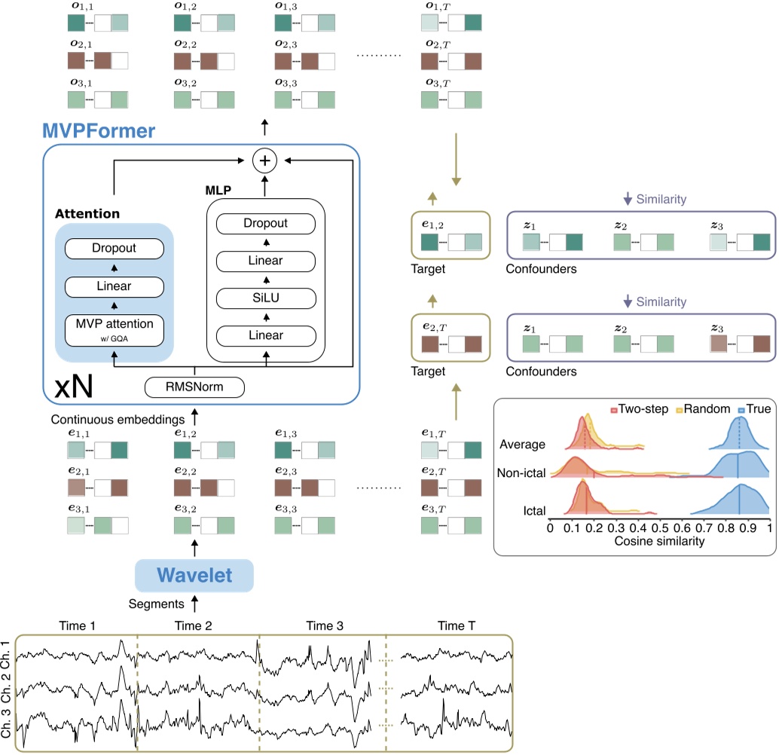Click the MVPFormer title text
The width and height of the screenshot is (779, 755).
tap(99, 130)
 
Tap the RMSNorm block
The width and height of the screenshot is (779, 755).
tap(194, 387)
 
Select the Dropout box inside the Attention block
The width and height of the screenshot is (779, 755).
tap(115, 248)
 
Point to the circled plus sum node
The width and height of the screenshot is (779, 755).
tap(264, 160)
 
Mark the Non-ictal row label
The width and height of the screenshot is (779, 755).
tap(521, 472)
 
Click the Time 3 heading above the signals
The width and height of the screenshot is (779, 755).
tap(324, 626)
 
